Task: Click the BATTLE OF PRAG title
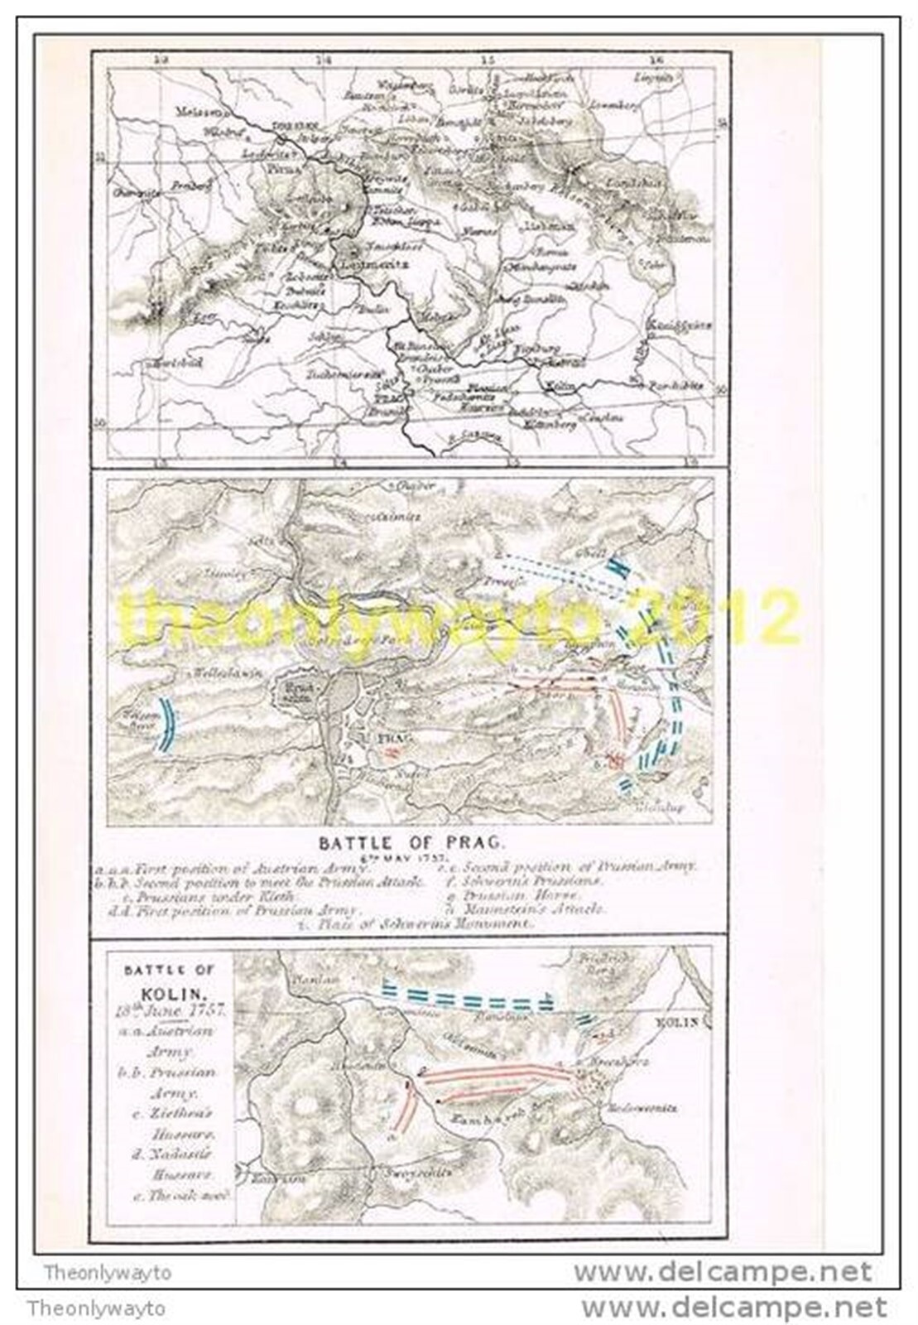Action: [x=411, y=842]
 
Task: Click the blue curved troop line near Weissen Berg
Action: [x=168, y=724]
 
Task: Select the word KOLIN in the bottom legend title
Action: [x=157, y=994]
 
